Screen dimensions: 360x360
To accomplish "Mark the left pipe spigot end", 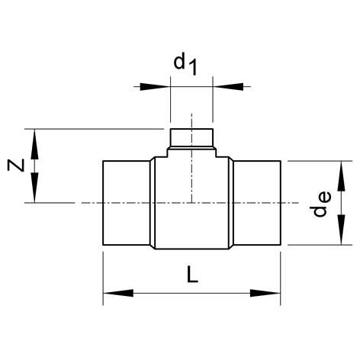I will coord(127,203).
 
